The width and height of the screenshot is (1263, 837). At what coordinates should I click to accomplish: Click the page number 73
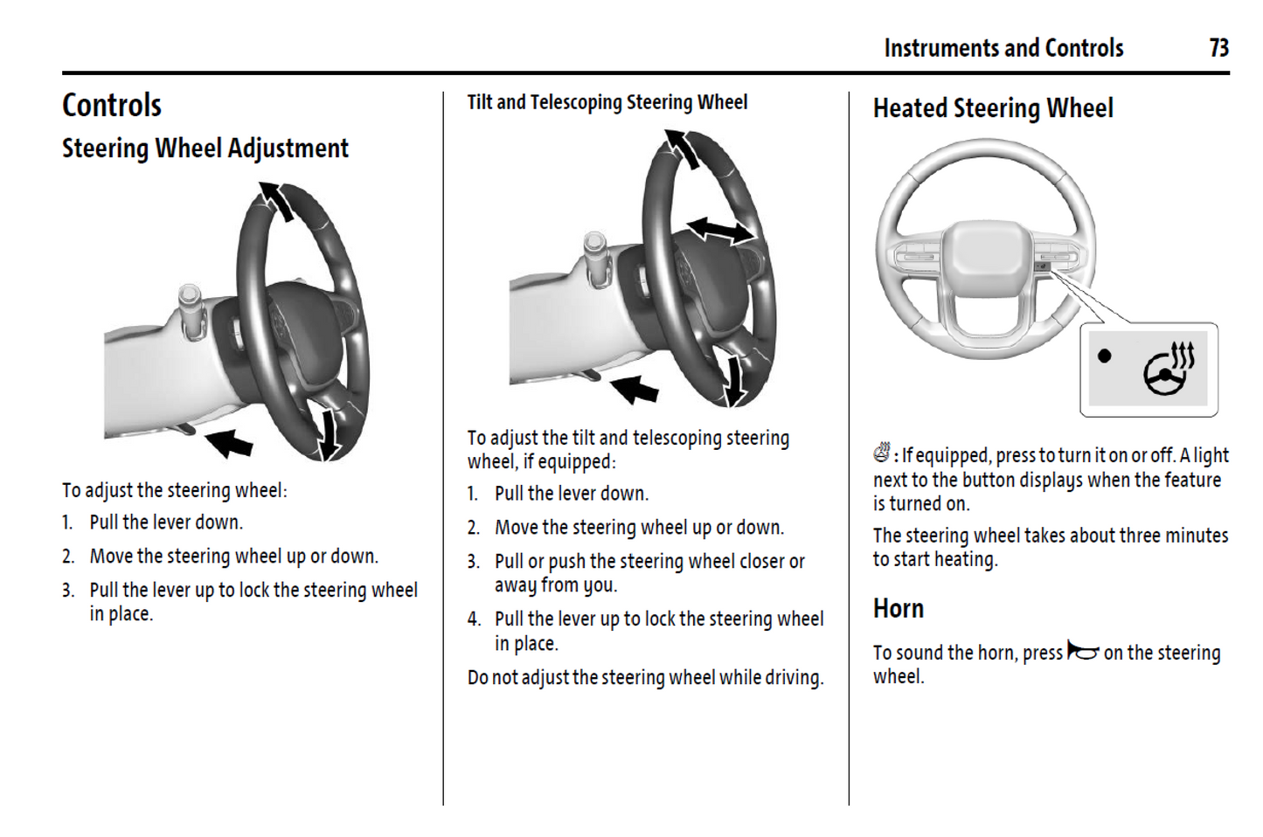[x=1218, y=48]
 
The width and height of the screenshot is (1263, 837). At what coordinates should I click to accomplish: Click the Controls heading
[x=112, y=106]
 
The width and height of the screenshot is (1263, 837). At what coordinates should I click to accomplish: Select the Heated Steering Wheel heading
[x=993, y=108]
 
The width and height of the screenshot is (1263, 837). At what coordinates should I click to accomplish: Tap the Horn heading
[x=898, y=608]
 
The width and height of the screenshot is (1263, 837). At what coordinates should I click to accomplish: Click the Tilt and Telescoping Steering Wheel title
[x=607, y=102]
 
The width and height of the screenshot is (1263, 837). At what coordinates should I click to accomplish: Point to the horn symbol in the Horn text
[x=1082, y=652]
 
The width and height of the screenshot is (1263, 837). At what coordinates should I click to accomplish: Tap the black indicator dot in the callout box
[x=1105, y=356]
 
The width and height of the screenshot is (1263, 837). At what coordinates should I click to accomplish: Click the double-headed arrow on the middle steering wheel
[x=719, y=231]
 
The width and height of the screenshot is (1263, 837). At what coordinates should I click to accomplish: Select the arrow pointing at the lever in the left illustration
[x=229, y=442]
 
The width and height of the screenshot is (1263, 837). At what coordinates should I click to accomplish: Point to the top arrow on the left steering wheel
[x=277, y=200]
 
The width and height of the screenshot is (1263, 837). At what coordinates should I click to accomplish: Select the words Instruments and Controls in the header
[x=1003, y=48]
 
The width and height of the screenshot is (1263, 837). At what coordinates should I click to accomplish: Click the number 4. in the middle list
[x=474, y=619]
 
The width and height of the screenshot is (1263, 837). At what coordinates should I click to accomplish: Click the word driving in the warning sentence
[x=794, y=677]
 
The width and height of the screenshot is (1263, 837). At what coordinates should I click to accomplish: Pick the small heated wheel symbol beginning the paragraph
[x=881, y=453]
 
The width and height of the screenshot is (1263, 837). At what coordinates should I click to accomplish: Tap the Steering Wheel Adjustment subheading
[x=205, y=149]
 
